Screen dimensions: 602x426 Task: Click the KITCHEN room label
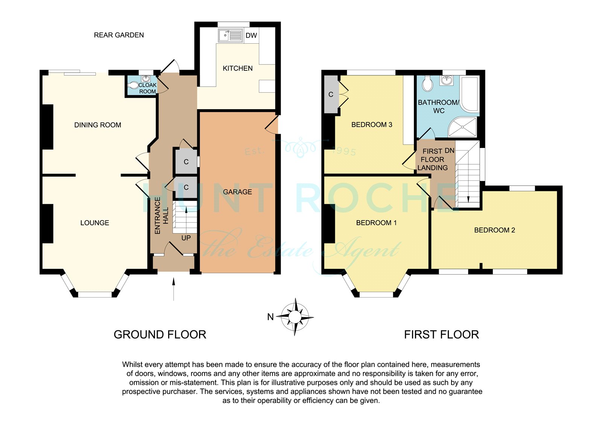[237, 68]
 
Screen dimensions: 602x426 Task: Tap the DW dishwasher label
[251, 35]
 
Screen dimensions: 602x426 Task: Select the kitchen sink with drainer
[231, 35]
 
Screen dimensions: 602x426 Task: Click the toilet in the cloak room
[132, 85]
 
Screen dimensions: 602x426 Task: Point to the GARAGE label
[237, 192]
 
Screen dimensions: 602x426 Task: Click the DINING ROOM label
[97, 125]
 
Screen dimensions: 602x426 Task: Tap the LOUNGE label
[94, 223]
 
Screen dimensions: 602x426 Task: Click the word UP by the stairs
[186, 238]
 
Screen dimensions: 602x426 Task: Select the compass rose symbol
[295, 317]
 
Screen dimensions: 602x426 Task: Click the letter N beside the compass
[271, 317]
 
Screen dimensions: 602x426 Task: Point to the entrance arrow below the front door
[173, 289]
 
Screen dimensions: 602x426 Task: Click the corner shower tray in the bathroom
[462, 127]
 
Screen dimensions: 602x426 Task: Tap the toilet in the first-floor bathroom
[427, 84]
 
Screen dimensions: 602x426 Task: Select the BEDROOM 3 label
[372, 125]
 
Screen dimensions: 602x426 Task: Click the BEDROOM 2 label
[494, 230]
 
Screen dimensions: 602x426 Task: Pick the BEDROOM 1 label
[376, 223]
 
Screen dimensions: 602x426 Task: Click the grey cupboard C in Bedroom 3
[331, 95]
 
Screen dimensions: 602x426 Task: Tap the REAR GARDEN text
[119, 35]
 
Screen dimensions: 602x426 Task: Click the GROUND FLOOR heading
[160, 334]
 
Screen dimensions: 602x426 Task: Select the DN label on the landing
[450, 151]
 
